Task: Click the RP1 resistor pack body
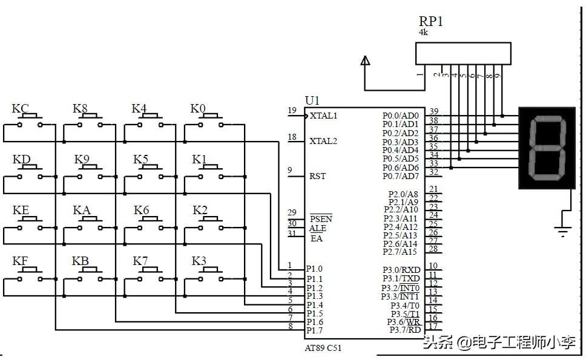[466, 53]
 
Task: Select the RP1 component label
[431, 22]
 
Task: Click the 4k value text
[423, 33]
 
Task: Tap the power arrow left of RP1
[364, 61]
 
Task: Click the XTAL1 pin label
[323, 116]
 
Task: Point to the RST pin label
[317, 176]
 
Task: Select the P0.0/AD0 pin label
[400, 116]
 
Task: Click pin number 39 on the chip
[433, 111]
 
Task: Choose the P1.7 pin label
[314, 330]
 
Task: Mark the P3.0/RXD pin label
[401, 270]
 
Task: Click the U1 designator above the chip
[312, 100]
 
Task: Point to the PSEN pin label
[321, 218]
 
